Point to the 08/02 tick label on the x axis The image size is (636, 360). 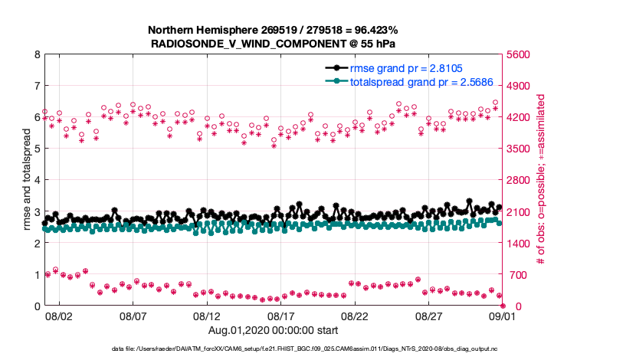pyautogui.click(x=59, y=316)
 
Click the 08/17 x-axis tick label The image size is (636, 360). pyautogui.click(x=280, y=316)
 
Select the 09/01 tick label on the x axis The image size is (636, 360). pyautogui.click(x=503, y=316)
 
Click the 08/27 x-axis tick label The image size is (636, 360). pyautogui.click(x=428, y=316)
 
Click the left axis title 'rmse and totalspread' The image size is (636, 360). pyautogui.click(x=26, y=180)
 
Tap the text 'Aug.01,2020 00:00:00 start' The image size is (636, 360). pyautogui.click(x=273, y=330)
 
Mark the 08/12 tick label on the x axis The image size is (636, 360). pyautogui.click(x=207, y=316)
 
